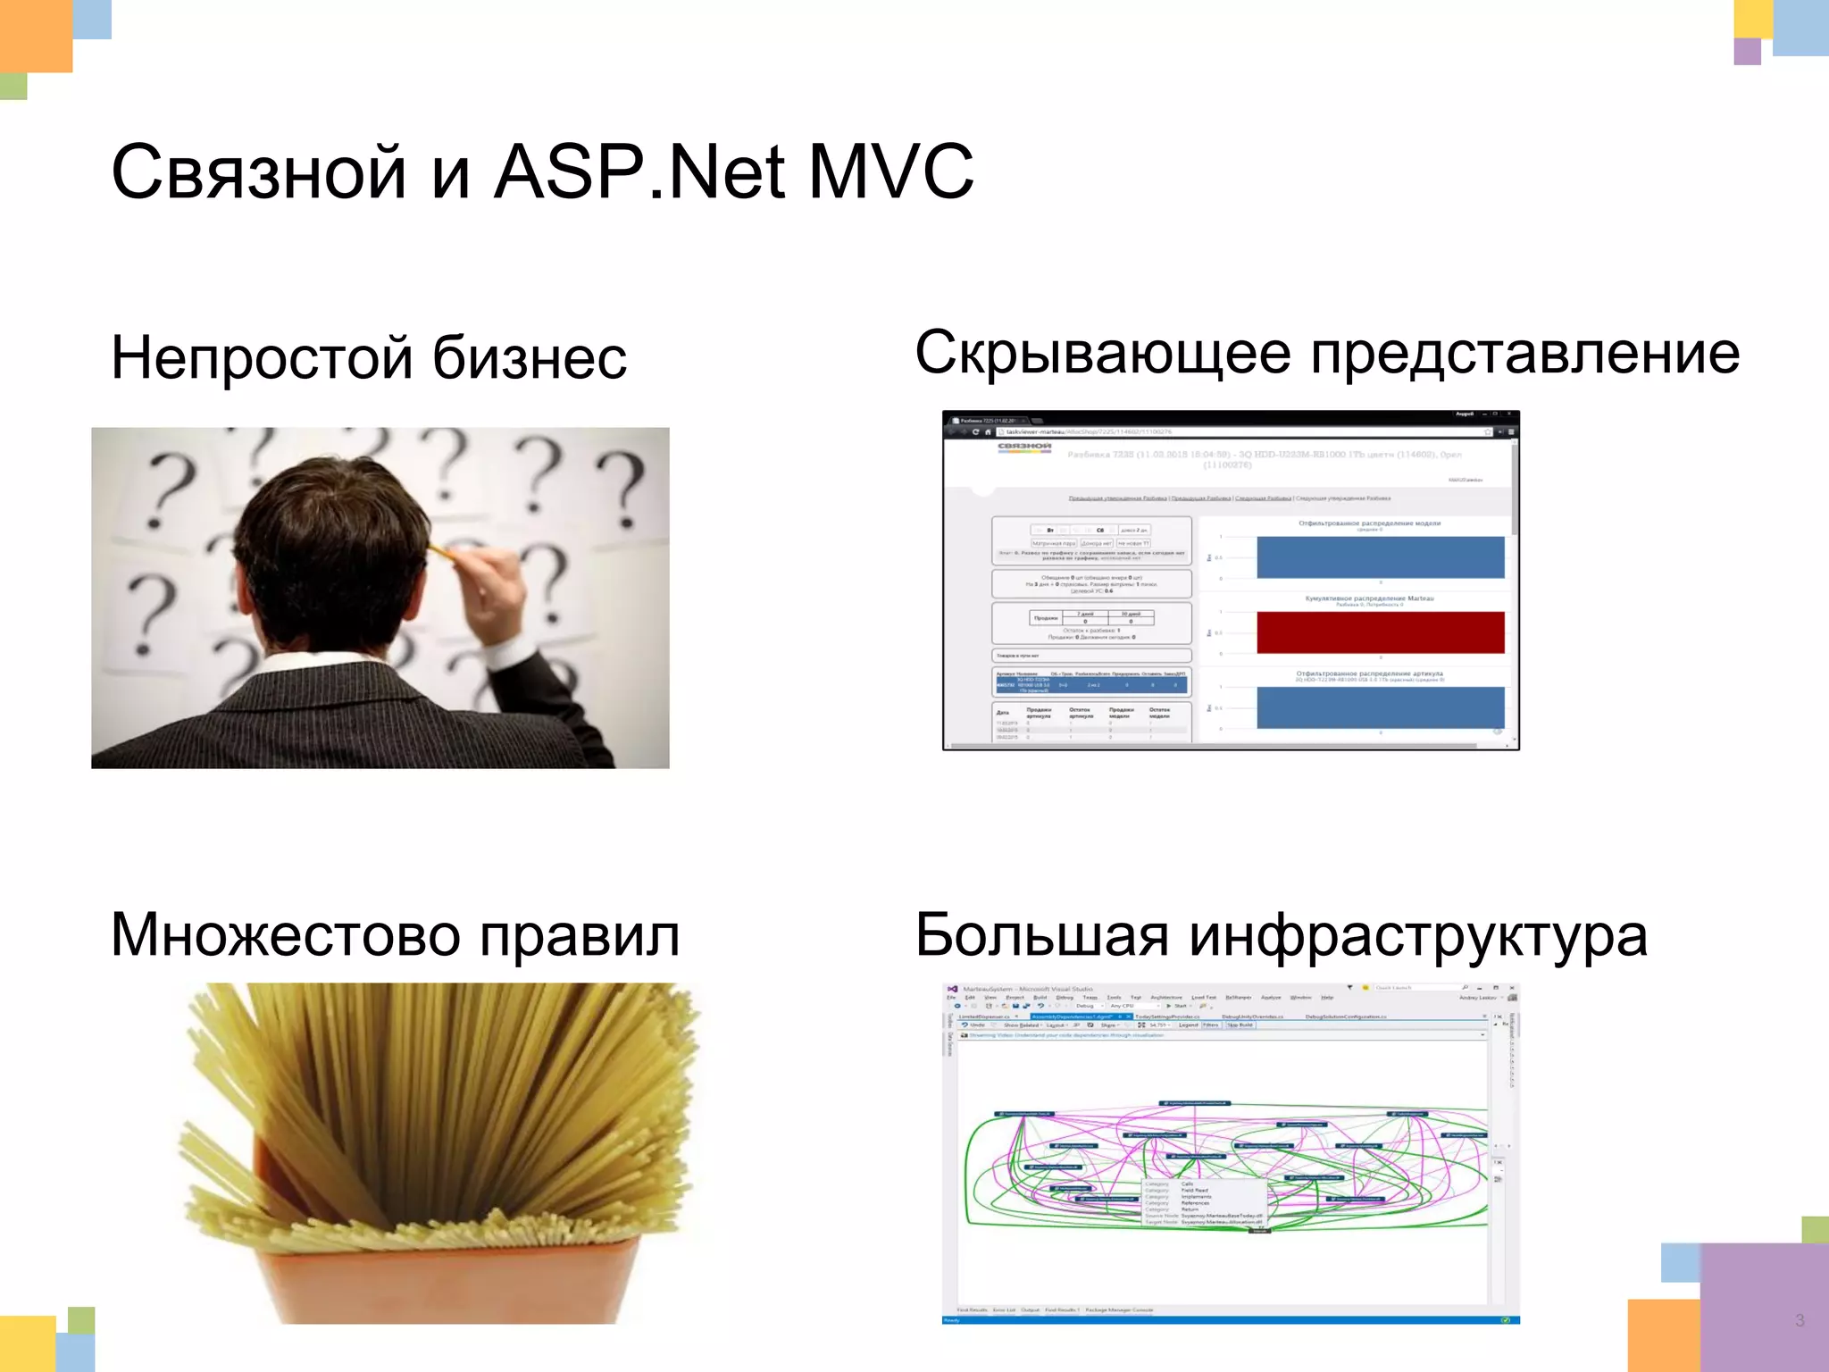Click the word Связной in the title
(x=259, y=172)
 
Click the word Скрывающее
(x=1102, y=354)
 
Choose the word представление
(x=1524, y=354)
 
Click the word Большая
(x=1041, y=936)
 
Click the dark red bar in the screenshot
(x=1380, y=632)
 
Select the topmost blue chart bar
(x=1380, y=557)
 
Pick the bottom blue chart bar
(x=1380, y=707)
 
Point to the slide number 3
(x=1800, y=1320)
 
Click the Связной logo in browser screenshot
(x=1023, y=447)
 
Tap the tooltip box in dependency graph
(x=1204, y=1203)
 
